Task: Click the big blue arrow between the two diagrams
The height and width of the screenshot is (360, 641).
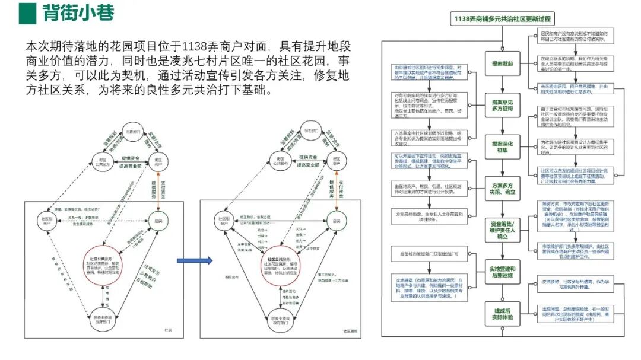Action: tap(194, 260)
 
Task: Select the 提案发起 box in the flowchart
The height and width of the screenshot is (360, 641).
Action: tap(502, 63)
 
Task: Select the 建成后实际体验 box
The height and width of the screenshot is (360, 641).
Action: tap(502, 314)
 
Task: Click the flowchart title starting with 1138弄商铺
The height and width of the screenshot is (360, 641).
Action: tap(502, 18)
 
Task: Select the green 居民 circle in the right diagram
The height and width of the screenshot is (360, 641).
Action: tap(336, 221)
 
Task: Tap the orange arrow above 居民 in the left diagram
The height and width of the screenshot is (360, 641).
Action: tap(158, 190)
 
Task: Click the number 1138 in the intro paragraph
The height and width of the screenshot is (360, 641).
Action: tap(196, 46)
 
